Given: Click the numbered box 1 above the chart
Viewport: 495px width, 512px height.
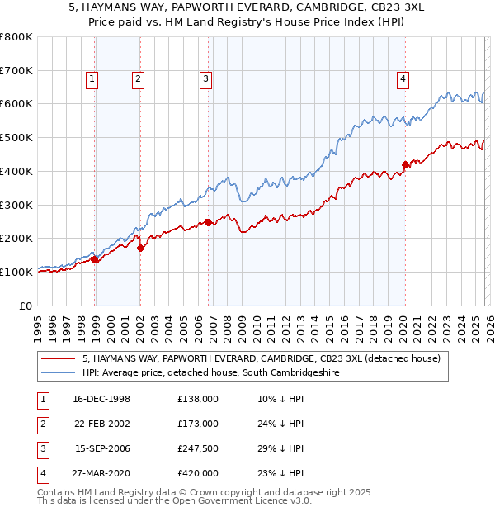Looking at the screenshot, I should (x=91, y=79).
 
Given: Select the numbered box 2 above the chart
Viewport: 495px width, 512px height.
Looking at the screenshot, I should (x=137, y=79).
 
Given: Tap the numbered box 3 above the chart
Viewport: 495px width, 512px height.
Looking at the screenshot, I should (x=205, y=79).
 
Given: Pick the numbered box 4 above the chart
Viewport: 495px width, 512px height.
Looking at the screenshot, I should (x=403, y=79).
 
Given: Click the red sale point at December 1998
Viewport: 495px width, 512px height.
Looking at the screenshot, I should (x=95, y=259).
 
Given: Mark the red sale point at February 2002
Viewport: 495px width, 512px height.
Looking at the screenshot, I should (x=141, y=247).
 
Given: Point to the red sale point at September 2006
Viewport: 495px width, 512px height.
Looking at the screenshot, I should (x=208, y=222).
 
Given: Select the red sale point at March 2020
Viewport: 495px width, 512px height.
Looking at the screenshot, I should (x=405, y=164).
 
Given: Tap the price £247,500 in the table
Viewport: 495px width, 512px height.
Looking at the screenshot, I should (x=198, y=448).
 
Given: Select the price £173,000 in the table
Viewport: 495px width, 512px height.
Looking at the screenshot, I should (x=198, y=424).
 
